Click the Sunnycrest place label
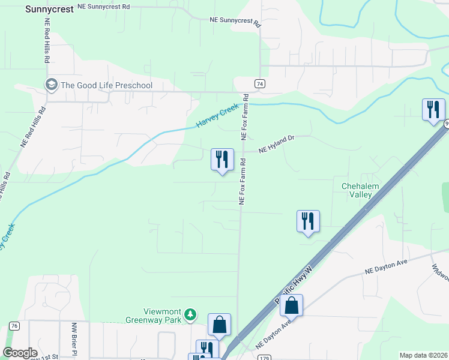[50, 10]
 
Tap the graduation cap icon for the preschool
[52, 85]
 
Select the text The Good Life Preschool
[106, 85]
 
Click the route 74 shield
[259, 83]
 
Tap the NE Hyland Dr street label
[277, 143]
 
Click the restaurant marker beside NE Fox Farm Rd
[222, 160]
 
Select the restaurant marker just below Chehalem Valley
[308, 221]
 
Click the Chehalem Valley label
[360, 191]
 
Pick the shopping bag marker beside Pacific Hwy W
[291, 306]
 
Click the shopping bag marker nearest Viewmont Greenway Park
[219, 325]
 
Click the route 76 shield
[14, 326]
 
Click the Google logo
[20, 352]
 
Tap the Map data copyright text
[423, 355]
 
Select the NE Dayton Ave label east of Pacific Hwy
[386, 267]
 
